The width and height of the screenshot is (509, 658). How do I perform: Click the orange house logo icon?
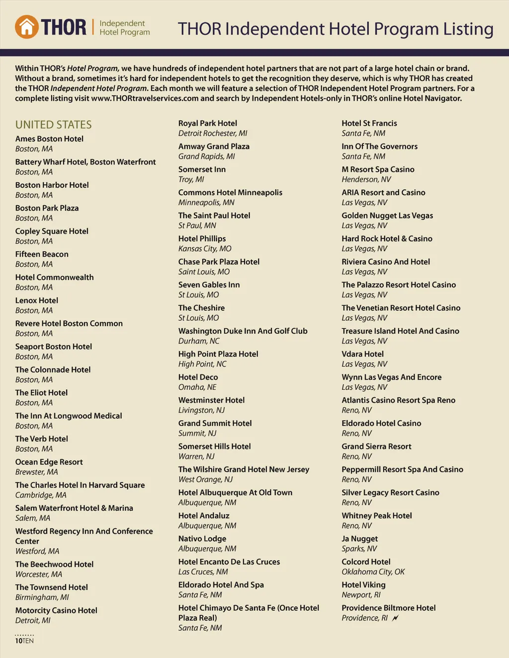tap(27, 27)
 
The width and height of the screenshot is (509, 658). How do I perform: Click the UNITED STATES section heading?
tap(53, 125)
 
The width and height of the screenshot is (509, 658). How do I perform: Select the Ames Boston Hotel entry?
tap(49, 139)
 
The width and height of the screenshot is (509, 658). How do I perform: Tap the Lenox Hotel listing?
tap(36, 300)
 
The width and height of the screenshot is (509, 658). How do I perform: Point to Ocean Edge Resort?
tap(49, 462)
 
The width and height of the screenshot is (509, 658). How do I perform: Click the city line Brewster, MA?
tap(36, 472)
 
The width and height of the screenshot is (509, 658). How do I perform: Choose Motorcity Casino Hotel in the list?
tap(56, 610)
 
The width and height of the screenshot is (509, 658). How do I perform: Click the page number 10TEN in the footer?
tap(24, 641)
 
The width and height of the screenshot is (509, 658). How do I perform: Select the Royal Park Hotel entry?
tap(207, 123)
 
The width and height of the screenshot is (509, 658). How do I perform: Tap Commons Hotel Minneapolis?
tap(230, 193)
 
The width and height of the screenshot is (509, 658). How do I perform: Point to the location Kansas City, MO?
tap(205, 249)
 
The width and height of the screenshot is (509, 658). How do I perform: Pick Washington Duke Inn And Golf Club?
tap(243, 331)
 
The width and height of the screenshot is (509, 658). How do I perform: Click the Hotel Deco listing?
tap(198, 377)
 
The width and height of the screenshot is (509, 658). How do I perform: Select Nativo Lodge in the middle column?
tap(202, 539)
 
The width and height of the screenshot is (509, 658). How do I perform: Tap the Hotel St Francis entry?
tap(369, 123)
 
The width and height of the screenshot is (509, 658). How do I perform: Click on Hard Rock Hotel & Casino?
tap(387, 239)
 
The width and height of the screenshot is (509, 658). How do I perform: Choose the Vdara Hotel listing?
tap(362, 354)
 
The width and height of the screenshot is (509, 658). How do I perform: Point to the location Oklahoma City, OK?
tap(373, 572)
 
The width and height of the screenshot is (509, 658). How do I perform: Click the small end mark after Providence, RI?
tap(395, 618)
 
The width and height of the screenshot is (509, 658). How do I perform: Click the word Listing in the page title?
tap(468, 29)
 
